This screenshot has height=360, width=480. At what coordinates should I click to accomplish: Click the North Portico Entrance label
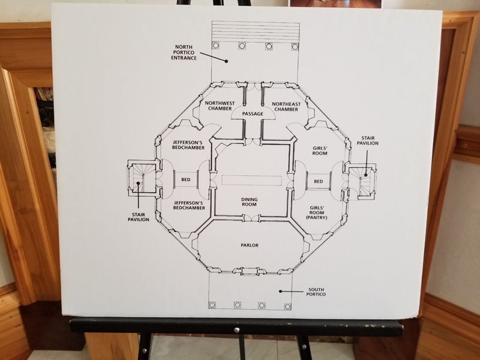(x=184, y=52)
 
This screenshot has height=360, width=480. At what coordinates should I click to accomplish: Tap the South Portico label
(x=316, y=292)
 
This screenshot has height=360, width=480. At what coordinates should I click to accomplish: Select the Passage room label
(x=253, y=114)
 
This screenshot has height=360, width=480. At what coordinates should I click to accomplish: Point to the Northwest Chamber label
(x=220, y=106)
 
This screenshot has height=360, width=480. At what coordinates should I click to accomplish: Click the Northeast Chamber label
(x=286, y=107)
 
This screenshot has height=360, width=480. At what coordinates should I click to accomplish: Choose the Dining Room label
(x=249, y=202)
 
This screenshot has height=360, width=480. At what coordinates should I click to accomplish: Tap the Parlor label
(x=250, y=245)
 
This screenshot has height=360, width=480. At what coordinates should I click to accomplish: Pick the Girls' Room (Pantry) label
(x=317, y=212)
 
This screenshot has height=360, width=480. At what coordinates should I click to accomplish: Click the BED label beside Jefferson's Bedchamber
(x=186, y=179)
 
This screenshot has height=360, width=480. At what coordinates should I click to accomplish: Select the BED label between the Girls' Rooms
(x=319, y=182)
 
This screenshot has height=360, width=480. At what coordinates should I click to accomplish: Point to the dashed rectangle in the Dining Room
(x=251, y=181)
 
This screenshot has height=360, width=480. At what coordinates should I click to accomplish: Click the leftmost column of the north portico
(x=215, y=46)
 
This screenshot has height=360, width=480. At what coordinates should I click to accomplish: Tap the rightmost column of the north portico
(x=295, y=47)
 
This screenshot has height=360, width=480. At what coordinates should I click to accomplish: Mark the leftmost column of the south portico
(x=212, y=305)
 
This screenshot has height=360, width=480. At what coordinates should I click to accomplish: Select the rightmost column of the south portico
(x=287, y=307)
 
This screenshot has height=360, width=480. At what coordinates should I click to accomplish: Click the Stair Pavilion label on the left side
(x=139, y=217)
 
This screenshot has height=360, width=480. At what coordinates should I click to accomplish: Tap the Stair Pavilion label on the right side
(x=368, y=140)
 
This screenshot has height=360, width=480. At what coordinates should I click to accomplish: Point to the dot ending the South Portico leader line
(x=280, y=291)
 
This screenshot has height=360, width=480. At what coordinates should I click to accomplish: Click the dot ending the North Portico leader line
(x=226, y=61)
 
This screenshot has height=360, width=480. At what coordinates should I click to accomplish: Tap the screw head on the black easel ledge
(x=236, y=331)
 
